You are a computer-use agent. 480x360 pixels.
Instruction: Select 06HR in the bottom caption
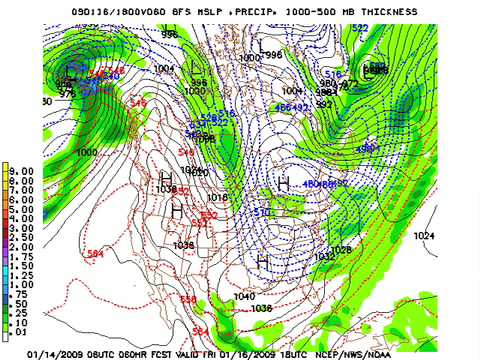pos(148,351)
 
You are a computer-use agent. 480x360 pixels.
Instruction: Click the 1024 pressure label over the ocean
pos(425,235)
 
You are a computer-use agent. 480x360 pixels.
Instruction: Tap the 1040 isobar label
pos(243,297)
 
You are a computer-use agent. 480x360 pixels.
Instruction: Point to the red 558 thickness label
pos(188,299)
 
